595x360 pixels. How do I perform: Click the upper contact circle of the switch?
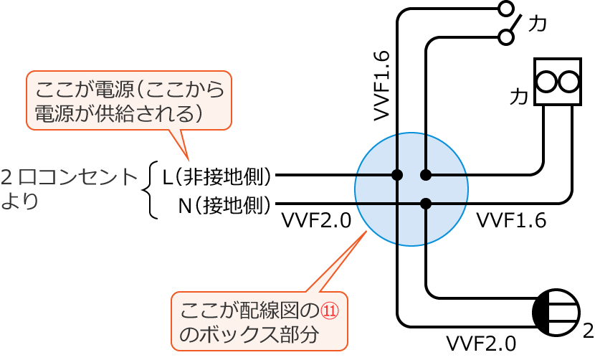(x=506, y=9)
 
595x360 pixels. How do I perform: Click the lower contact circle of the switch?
(x=506, y=37)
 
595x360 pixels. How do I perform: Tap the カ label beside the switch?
(x=537, y=24)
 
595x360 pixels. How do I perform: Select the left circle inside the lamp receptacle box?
(x=546, y=82)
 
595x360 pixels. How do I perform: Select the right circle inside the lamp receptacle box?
(x=568, y=82)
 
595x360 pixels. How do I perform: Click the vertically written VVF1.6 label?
(x=381, y=85)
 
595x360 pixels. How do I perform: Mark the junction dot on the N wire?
(x=426, y=204)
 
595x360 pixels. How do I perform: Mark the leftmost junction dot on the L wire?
(x=397, y=175)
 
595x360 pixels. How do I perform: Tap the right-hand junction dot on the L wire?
(x=426, y=175)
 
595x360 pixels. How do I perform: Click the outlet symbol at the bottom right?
(x=556, y=313)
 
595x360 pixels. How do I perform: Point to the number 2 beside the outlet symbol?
(x=588, y=331)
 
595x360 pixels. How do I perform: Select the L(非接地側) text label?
(x=216, y=176)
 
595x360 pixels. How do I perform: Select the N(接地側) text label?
(x=224, y=206)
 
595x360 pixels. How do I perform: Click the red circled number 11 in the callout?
(x=329, y=311)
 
